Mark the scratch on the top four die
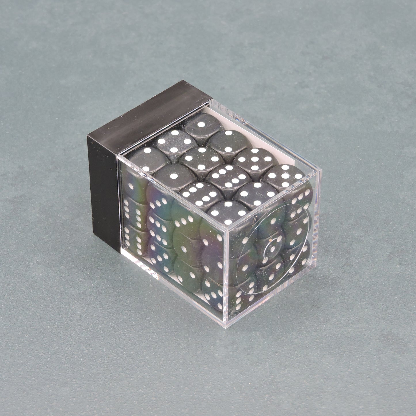point(258,190)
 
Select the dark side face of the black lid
point(104,190)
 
